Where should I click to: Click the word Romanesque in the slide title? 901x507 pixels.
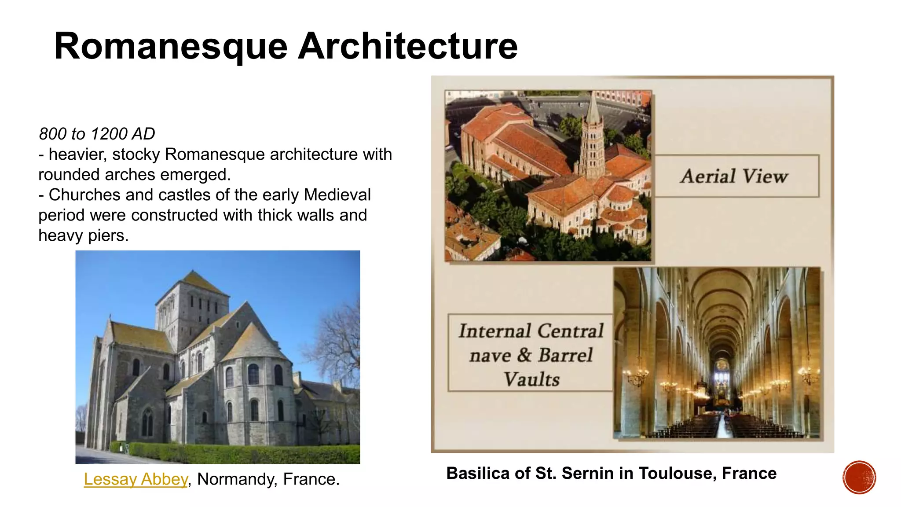pos(171,47)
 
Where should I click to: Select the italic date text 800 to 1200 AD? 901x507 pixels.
pos(97,134)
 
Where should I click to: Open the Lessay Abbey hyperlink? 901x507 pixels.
pos(136,479)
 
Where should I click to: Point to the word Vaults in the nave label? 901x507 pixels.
pos(531,379)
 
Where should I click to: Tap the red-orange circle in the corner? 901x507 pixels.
pos(859,478)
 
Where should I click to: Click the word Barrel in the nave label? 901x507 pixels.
pos(565,355)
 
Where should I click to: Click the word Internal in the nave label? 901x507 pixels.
pos(494,331)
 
